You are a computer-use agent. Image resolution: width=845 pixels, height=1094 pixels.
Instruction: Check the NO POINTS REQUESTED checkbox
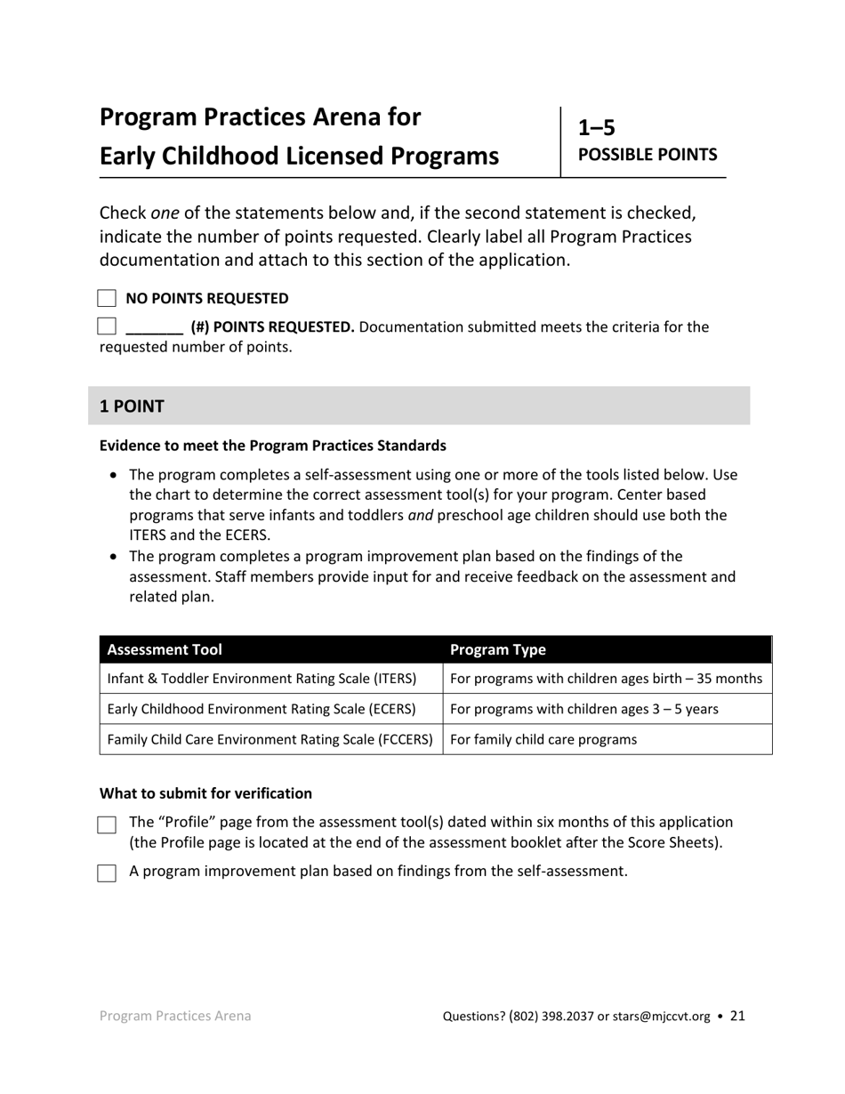coord(107,299)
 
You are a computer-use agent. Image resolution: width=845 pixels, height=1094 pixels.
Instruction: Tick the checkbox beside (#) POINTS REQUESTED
coord(107,326)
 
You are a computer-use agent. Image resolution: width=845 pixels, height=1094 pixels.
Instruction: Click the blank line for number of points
coord(154,328)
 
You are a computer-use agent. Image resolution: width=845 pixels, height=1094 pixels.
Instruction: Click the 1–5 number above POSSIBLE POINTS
coord(597,128)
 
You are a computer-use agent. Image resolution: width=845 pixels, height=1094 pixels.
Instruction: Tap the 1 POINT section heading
coord(132,406)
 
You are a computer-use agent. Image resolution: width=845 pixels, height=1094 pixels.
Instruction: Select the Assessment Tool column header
coord(165,649)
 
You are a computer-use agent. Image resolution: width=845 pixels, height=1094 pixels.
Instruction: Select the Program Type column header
coord(498,649)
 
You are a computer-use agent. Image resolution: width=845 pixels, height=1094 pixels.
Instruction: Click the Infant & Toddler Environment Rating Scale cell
coord(262,679)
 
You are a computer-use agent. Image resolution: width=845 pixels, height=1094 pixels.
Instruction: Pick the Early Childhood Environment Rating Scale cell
coord(262,709)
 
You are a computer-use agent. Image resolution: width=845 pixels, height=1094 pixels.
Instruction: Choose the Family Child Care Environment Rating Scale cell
coord(270,739)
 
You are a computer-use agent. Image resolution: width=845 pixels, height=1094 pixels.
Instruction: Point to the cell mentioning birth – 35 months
coord(607,679)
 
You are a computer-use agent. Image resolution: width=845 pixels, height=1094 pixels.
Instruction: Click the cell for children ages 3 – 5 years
coord(584,709)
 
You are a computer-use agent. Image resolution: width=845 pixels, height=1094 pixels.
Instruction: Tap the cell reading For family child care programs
coord(543,739)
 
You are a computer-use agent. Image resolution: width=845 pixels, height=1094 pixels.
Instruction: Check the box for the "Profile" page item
coord(107,825)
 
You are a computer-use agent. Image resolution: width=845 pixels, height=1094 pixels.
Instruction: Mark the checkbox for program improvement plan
coord(107,873)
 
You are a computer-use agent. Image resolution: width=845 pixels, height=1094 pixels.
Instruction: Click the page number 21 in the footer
coord(737,1016)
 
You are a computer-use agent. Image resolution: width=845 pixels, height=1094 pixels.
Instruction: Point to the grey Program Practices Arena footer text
coord(175,1016)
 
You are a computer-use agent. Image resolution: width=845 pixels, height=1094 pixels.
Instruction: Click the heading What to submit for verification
coord(205,793)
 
